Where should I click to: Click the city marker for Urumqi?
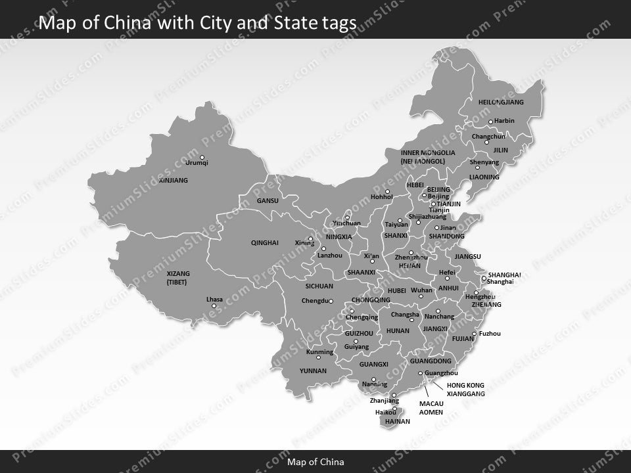[202, 158]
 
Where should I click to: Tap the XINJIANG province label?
[174, 180]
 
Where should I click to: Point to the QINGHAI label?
[264, 243]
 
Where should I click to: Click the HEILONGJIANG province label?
[501, 102]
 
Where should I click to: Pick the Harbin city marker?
[490, 122]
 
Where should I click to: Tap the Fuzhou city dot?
[475, 334]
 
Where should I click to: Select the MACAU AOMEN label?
[431, 408]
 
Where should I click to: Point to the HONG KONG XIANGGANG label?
[465, 390]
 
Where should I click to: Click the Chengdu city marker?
[331, 302]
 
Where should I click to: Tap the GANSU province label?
[268, 201]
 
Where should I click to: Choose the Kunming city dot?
[319, 357]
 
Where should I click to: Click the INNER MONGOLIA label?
[428, 156]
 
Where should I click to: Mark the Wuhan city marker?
[421, 296]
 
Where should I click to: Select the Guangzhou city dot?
[421, 374]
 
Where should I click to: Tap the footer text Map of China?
[315, 462]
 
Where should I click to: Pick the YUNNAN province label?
[313, 371]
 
